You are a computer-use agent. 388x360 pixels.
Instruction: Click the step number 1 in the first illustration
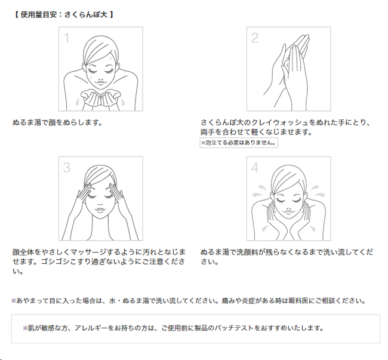coord(66,38)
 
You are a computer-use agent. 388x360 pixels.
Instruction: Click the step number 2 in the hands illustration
coord(255,38)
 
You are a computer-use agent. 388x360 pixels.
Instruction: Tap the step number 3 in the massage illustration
coord(67,168)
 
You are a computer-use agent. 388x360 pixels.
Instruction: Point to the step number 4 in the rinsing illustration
coord(255,168)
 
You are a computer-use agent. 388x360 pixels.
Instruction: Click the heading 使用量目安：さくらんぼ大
coord(64,15)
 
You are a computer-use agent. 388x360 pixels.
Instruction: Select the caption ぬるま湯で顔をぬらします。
coord(57,122)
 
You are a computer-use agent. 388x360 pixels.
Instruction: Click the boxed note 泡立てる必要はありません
coord(239,143)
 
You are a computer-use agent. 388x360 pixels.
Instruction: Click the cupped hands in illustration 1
coord(101,98)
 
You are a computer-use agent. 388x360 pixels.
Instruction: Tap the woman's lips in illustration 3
coord(100,210)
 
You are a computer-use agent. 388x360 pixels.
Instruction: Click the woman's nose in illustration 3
coord(100,205)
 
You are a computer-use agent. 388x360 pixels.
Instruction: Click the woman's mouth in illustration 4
coord(288,212)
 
